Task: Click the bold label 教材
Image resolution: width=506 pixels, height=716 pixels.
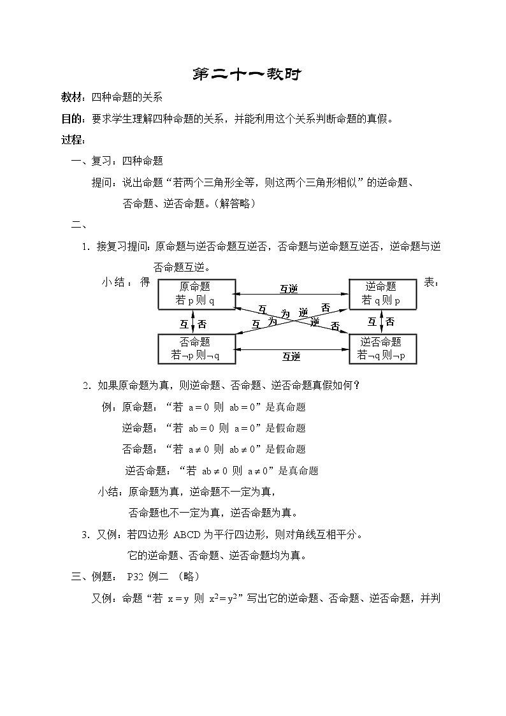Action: coord(71,97)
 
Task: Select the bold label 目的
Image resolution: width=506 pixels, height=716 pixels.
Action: coord(71,118)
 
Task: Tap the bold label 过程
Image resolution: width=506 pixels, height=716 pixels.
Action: coord(71,140)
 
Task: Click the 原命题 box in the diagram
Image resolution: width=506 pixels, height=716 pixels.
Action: coord(196,294)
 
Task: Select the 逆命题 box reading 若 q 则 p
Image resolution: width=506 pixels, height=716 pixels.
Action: coord(382,294)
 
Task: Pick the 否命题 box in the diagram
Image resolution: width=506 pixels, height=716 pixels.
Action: coord(196,349)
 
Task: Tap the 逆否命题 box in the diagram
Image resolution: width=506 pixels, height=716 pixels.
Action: coord(382,349)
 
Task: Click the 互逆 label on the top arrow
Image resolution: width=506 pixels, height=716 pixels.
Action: coord(289,289)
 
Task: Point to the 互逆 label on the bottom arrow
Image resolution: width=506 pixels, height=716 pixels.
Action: coord(291,356)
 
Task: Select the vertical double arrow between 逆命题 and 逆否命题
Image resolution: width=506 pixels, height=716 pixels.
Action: coord(381,321)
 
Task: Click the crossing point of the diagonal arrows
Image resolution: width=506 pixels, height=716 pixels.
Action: coord(292,318)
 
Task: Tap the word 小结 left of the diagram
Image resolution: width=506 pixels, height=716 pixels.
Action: coord(116,282)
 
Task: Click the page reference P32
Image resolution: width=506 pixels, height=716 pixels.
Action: coord(135,576)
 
